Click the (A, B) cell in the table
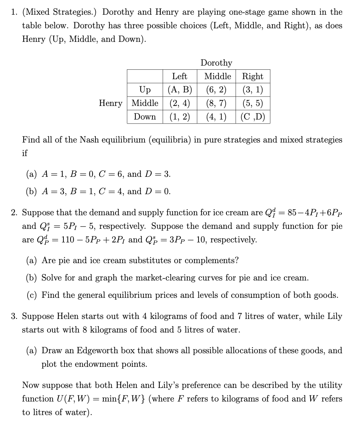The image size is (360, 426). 180,90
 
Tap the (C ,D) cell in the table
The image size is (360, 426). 252,116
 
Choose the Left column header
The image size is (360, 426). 180,76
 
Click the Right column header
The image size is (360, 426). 252,76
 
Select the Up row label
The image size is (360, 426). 145,90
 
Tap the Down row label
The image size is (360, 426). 145,116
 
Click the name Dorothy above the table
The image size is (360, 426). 216,63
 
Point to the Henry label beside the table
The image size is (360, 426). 111,103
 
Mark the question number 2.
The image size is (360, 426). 14,213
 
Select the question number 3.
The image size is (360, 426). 14,316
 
